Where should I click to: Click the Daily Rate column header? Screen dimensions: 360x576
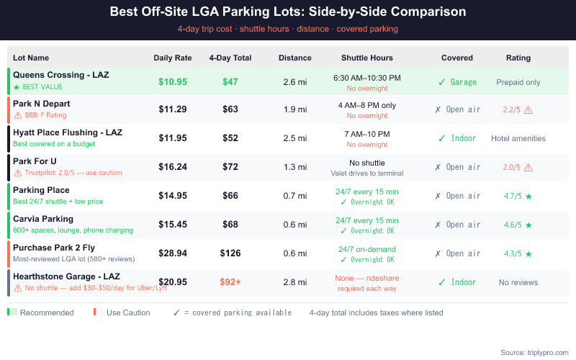pos(172,58)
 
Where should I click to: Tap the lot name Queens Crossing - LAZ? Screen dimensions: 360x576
pos(61,75)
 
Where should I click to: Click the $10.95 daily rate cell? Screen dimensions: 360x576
pos(173,81)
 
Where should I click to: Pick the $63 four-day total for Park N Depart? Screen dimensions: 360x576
pos(230,110)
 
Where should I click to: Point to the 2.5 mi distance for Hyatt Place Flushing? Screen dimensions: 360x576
pos(295,139)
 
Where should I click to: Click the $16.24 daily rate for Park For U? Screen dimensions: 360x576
pos(173,168)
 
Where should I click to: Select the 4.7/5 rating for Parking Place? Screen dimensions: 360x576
pos(513,197)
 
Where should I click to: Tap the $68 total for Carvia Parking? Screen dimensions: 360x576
pos(230,225)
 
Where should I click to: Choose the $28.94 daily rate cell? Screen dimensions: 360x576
pos(173,254)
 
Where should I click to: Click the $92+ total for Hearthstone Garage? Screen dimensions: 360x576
pos(230,283)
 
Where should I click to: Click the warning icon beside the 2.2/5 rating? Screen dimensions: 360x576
pos(528,110)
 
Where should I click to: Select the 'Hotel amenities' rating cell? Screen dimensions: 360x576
pos(518,139)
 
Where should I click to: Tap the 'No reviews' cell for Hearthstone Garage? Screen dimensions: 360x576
pos(518,283)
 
